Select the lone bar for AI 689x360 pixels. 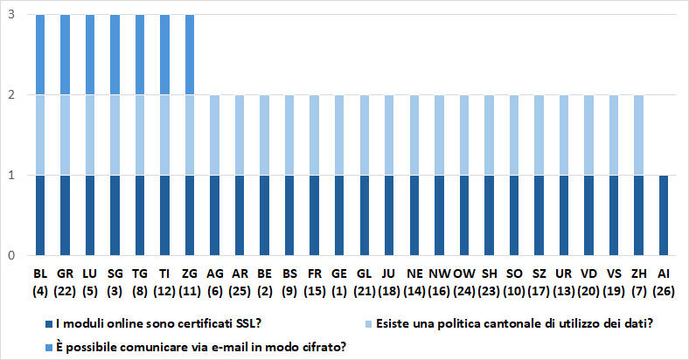664,215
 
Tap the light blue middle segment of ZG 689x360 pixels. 190,135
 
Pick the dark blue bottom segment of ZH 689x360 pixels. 638,215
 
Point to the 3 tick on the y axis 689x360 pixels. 10,15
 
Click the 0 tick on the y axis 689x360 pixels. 10,255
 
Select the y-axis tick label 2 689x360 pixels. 10,94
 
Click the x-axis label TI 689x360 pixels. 165,273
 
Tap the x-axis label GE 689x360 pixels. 340,273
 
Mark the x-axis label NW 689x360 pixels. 440,273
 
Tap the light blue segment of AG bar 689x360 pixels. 215,135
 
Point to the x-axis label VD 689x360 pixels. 588,273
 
